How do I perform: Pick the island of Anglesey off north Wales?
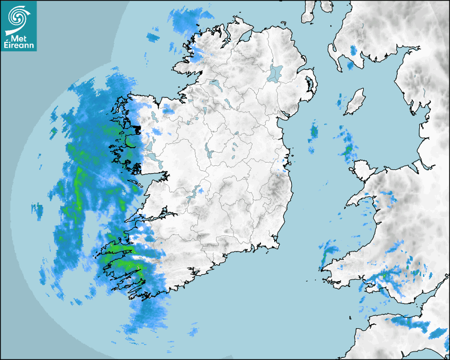click(364, 170)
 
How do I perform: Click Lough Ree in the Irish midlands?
click(209, 154)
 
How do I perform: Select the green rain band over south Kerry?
click(127, 264)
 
